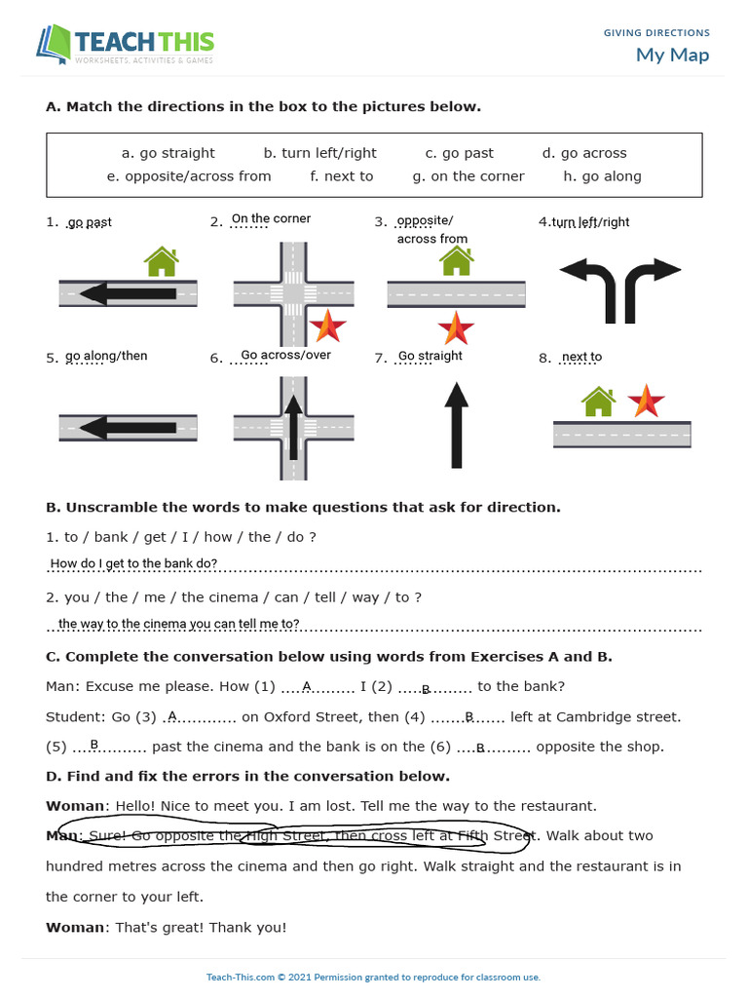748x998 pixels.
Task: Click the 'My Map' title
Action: (672, 55)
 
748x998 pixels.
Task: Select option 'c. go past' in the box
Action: (459, 153)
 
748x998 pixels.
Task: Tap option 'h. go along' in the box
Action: (602, 176)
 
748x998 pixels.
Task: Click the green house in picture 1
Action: (162, 261)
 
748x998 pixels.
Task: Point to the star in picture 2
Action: (327, 326)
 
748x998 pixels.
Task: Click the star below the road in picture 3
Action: (456, 327)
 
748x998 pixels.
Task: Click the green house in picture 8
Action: (598, 400)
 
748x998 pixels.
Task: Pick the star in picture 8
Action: (646, 400)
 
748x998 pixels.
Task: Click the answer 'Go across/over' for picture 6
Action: (285, 355)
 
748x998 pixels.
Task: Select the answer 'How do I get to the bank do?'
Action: (133, 563)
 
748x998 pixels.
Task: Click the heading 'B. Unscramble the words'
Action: (303, 507)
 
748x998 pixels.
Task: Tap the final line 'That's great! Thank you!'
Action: (201, 927)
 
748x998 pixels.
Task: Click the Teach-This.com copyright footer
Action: (373, 977)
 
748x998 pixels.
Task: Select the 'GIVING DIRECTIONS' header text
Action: (656, 33)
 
